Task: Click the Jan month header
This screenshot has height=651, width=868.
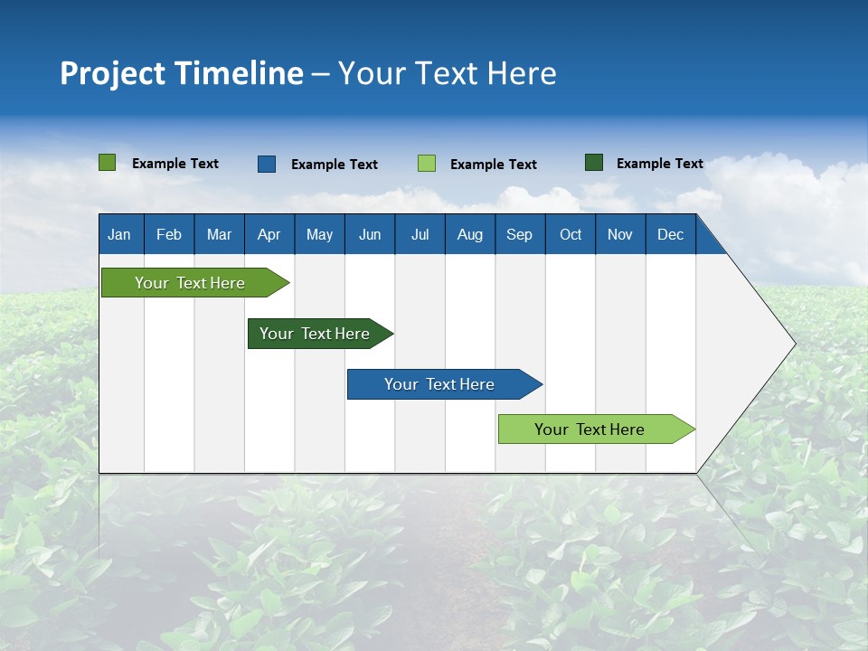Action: point(120,234)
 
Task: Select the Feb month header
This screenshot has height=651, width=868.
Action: point(169,234)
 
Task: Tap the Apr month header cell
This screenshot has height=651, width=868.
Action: point(269,234)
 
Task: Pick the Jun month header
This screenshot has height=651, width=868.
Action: point(369,234)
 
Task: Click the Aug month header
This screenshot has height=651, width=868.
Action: point(469,234)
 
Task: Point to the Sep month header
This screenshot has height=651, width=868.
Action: point(519,234)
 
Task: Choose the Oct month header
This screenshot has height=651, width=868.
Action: point(570,234)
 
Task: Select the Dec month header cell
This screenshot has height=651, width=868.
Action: point(670,234)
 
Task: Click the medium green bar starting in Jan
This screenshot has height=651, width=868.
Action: point(190,283)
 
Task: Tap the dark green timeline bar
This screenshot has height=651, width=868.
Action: point(315,334)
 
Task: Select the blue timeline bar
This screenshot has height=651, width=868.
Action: point(439,384)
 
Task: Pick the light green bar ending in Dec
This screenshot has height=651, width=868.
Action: point(590,429)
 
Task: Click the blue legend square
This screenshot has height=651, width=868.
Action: point(267,164)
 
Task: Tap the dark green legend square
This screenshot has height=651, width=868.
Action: point(594,163)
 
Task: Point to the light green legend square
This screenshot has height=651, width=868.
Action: point(427,164)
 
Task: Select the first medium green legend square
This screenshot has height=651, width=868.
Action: point(108,163)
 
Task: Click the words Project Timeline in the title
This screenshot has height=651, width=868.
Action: point(181,73)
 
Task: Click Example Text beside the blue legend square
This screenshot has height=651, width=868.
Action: point(334,165)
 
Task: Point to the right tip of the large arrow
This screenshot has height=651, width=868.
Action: point(793,344)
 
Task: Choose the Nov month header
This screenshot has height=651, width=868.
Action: point(620,234)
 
